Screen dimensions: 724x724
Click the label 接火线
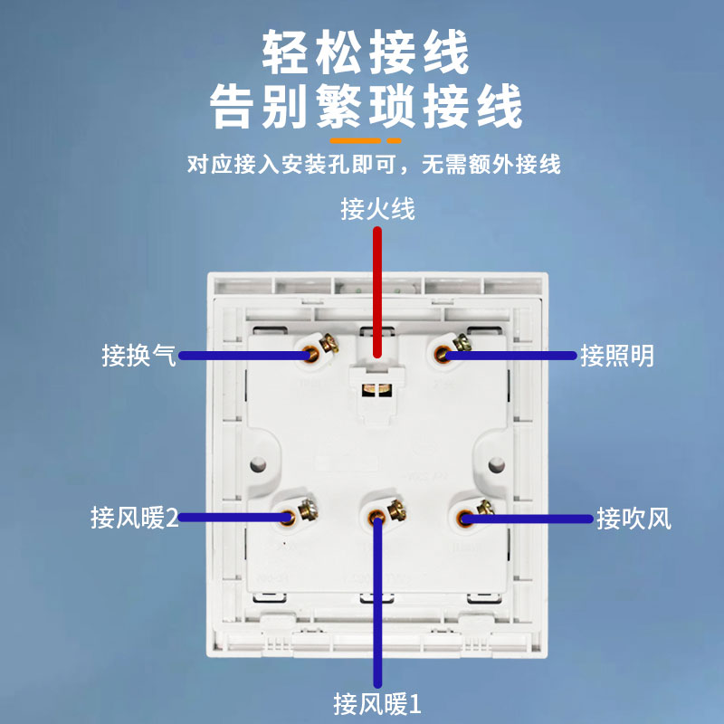click(378, 210)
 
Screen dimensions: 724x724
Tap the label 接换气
click(138, 356)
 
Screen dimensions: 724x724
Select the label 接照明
click(616, 356)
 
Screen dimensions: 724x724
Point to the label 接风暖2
click(134, 519)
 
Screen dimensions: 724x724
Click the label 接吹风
click(633, 519)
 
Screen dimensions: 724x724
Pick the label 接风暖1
click(377, 702)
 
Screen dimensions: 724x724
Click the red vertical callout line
click(377, 290)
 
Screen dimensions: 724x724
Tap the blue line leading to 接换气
click(244, 356)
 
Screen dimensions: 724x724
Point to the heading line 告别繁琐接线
click(367, 107)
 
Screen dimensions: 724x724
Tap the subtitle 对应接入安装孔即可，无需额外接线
click(374, 165)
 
